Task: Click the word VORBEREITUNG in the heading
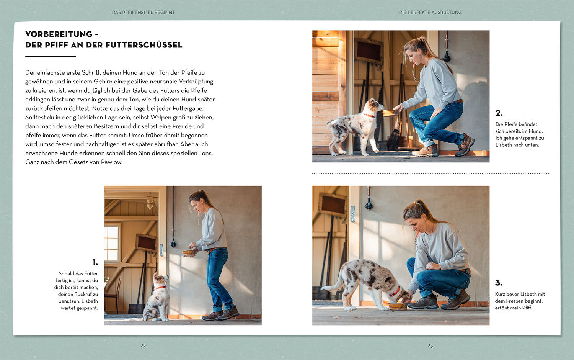[x=59, y=34]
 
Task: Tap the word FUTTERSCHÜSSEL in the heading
[x=144, y=45]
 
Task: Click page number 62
[x=143, y=346]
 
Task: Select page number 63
[x=430, y=346]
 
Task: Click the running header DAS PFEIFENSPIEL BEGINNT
[x=143, y=12]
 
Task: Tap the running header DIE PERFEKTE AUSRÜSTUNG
[x=430, y=12]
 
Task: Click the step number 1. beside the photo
[x=95, y=262]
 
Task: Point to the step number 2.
[x=499, y=113]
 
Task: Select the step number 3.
[x=499, y=283]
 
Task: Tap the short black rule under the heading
[x=51, y=57]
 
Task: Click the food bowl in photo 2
[x=390, y=113]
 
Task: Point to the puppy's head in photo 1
[x=161, y=279]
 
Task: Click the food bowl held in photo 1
[x=189, y=253]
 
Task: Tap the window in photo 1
[x=112, y=242]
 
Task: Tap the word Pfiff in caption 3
[x=527, y=308]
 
